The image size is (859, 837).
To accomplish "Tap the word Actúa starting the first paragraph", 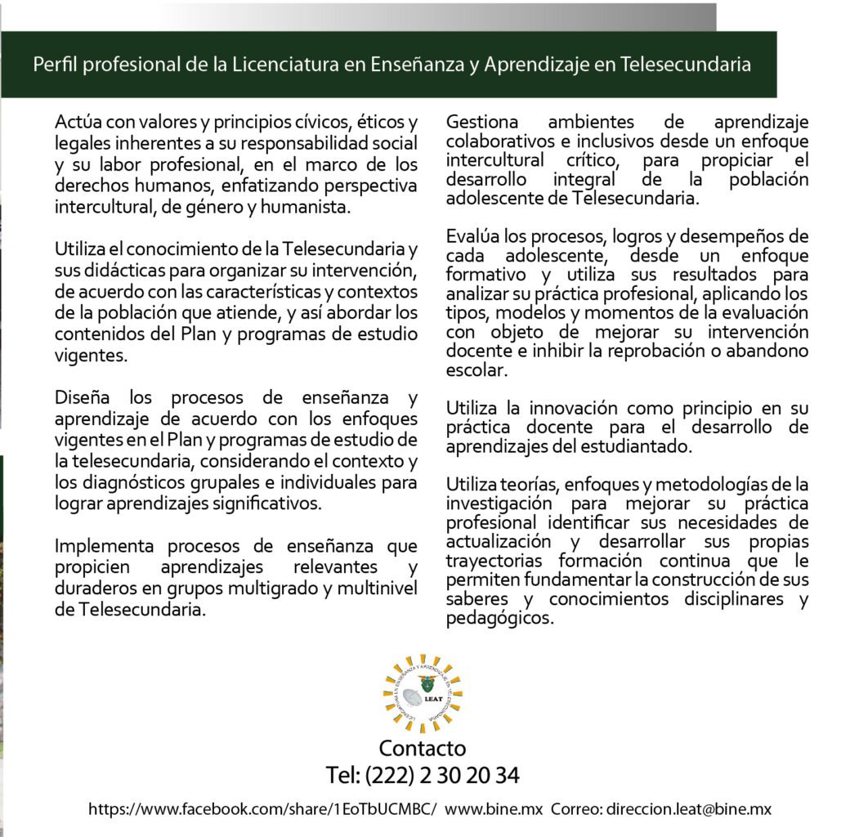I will [x=78, y=123].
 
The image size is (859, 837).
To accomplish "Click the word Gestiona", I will [x=481, y=123].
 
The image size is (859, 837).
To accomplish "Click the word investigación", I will [x=498, y=503].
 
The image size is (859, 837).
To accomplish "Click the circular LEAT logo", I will [x=423, y=693].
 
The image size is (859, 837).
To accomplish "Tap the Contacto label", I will [x=422, y=748].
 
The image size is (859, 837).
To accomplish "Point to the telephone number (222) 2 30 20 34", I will [x=441, y=774].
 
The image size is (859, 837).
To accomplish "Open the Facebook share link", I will [x=262, y=809].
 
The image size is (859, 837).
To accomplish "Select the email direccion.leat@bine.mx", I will [x=687, y=809].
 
